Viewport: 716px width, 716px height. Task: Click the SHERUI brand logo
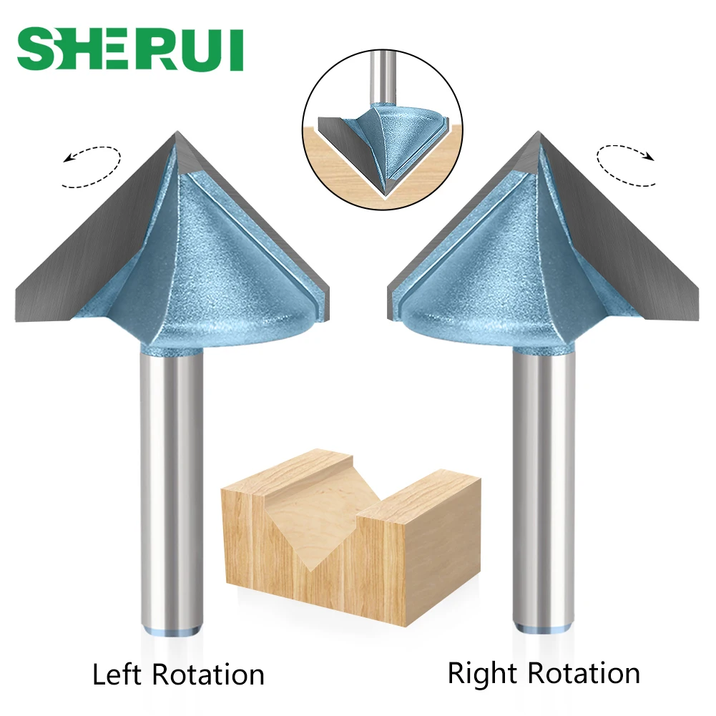coord(130,50)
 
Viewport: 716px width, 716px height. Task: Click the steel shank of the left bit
coord(172,486)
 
